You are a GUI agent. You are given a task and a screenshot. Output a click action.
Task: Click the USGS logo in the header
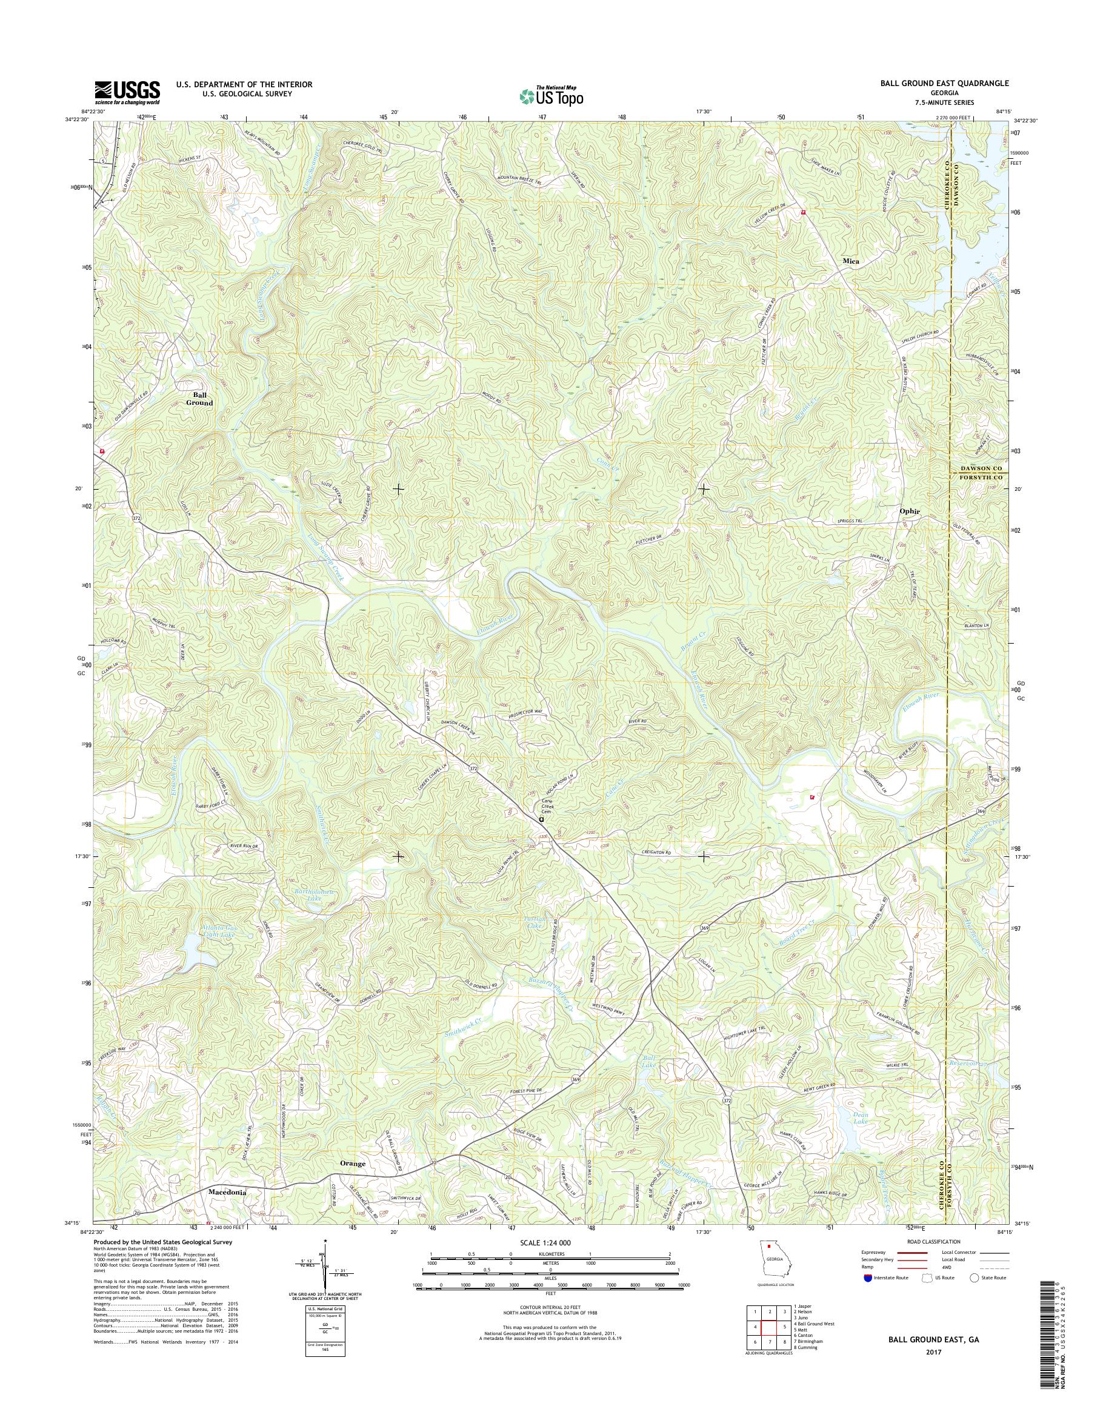point(127,93)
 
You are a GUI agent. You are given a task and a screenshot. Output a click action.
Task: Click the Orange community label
point(353,1163)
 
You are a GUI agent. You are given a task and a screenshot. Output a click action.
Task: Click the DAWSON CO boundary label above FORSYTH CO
point(979,468)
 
